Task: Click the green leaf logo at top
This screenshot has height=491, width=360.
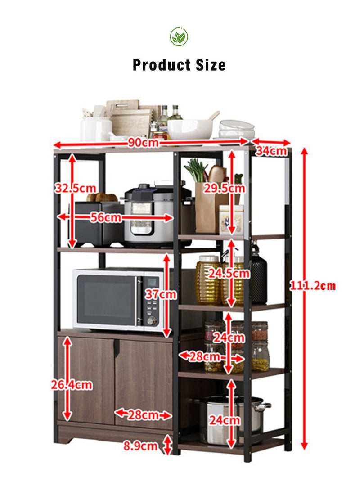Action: tap(179, 36)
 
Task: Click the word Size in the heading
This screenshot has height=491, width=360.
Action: tap(211, 65)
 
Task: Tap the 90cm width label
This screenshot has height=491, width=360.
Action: tap(144, 143)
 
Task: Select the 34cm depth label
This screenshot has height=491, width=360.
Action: tap(271, 151)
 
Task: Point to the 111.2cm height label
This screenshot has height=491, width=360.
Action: tap(312, 286)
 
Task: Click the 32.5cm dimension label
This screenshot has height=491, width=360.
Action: tap(76, 188)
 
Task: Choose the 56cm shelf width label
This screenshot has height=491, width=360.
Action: tap(106, 217)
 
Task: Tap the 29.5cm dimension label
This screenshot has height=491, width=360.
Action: tap(225, 188)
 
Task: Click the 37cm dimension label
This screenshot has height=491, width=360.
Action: tap(161, 294)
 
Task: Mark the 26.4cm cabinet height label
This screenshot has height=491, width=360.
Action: tap(72, 385)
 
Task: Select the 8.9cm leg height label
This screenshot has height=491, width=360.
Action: tap(140, 446)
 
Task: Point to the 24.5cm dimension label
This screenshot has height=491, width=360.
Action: tap(229, 274)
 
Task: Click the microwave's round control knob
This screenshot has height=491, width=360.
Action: tap(152, 320)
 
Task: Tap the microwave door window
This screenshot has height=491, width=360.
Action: tap(106, 300)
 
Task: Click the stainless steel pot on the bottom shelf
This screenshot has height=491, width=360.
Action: tap(232, 419)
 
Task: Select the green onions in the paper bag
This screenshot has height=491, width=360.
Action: tap(196, 171)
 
